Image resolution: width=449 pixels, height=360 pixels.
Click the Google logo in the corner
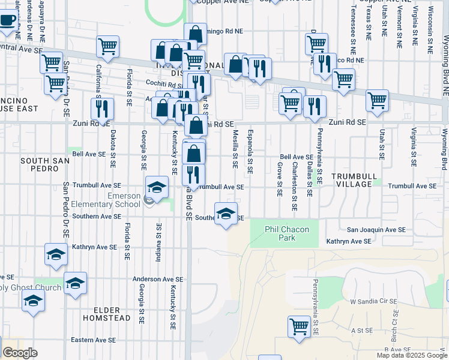20,353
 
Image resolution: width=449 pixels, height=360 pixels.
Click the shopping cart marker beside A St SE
298,327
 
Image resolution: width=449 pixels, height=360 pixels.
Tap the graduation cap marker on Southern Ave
226,215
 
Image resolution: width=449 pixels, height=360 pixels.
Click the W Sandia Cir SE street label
374,301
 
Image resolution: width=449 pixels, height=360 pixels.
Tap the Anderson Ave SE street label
157,279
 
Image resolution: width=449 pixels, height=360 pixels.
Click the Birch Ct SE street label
394,327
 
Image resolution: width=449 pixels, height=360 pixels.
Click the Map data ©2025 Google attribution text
412,355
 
